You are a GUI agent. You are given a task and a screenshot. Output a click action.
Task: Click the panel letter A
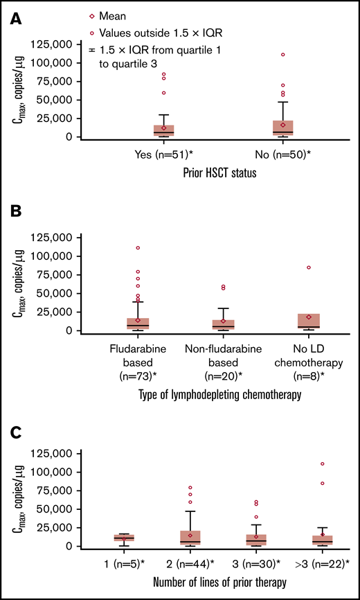coord(12,21)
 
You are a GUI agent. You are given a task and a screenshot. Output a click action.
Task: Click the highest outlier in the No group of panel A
coord(283,55)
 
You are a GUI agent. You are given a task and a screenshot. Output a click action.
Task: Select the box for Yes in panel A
coord(163,130)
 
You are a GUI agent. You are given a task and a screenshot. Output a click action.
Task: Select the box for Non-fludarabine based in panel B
coord(223,324)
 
